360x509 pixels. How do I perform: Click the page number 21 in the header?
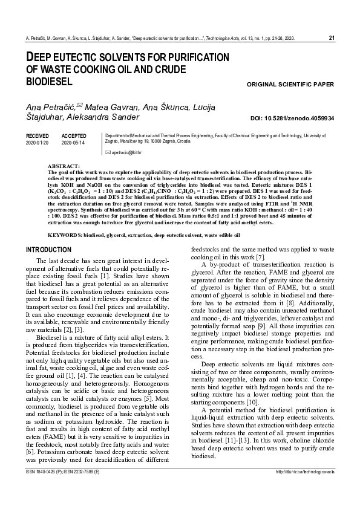331,38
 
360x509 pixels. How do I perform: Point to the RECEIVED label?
38,137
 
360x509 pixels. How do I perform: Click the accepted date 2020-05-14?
74,143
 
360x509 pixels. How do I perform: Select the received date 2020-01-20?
38,143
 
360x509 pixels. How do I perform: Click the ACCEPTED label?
74,137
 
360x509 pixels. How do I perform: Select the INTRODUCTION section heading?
48,250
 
